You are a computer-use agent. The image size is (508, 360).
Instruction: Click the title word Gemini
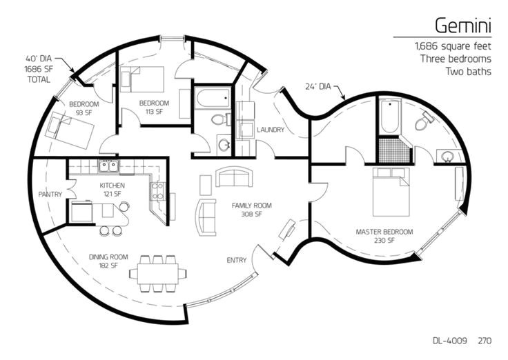[463, 25]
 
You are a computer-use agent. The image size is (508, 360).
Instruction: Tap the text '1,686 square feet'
[453, 46]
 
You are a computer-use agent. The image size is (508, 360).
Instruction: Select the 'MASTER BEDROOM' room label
[384, 232]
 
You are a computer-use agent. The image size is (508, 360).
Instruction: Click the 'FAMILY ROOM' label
[251, 206]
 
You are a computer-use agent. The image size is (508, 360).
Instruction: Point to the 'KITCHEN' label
[112, 186]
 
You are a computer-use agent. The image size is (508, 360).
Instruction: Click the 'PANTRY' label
[50, 194]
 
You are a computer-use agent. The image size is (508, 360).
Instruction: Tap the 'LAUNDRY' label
[271, 130]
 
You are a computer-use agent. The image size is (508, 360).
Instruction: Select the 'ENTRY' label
[237, 260]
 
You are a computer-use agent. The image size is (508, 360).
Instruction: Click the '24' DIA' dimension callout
[318, 86]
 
